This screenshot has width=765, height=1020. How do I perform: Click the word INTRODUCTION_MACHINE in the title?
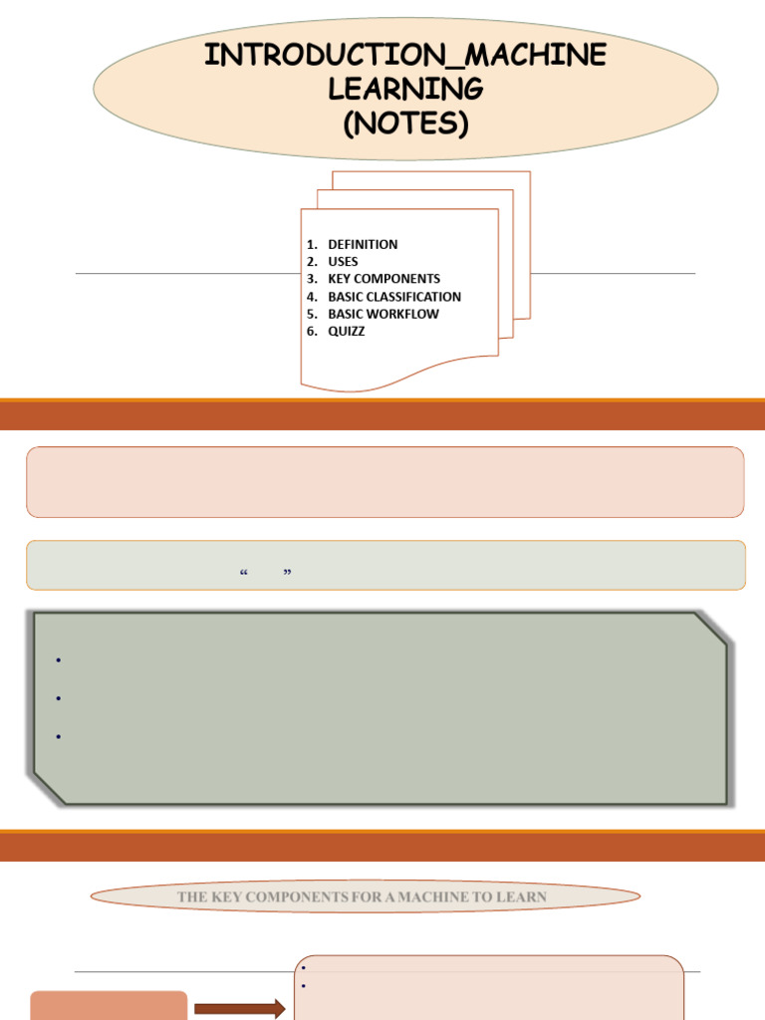pyautogui.click(x=405, y=55)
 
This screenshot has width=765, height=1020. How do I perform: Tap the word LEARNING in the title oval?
pyautogui.click(x=405, y=89)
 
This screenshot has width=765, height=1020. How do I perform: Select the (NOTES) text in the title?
pyautogui.click(x=405, y=123)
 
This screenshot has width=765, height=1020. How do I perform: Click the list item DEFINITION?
pyautogui.click(x=363, y=245)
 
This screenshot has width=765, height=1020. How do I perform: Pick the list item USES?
pyautogui.click(x=343, y=262)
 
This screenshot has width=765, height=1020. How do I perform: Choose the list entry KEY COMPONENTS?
pyautogui.click(x=383, y=279)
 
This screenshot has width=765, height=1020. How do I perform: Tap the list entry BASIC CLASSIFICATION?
pyautogui.click(x=394, y=297)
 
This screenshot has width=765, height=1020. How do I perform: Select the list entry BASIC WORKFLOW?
pyautogui.click(x=383, y=314)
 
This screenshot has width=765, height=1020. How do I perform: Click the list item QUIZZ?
pyautogui.click(x=346, y=331)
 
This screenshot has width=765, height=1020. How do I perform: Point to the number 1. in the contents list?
pyautogui.click(x=312, y=245)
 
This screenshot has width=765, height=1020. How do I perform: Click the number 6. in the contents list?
pyautogui.click(x=312, y=331)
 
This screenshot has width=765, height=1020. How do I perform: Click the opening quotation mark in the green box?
pyautogui.click(x=244, y=573)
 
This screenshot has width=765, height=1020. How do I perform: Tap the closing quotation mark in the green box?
pyautogui.click(x=288, y=573)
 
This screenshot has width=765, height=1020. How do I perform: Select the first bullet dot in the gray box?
pyautogui.click(x=59, y=660)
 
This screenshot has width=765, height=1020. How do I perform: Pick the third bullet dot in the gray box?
pyautogui.click(x=59, y=736)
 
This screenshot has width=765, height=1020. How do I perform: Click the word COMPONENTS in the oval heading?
pyautogui.click(x=296, y=897)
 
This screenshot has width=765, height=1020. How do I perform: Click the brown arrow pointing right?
pyautogui.click(x=239, y=1009)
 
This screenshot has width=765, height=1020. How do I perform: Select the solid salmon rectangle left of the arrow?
pyautogui.click(x=109, y=1006)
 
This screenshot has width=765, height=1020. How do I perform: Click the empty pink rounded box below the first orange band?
pyautogui.click(x=385, y=482)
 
